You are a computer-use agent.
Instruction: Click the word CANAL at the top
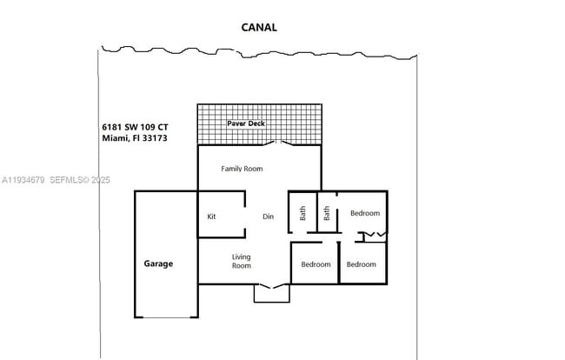(x=259, y=27)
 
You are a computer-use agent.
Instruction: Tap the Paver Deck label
(x=246, y=123)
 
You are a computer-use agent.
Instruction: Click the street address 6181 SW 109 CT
(x=141, y=127)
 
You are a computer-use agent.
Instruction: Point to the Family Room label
(x=242, y=169)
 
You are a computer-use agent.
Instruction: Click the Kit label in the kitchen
(x=211, y=217)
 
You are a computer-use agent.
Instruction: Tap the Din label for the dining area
(x=269, y=217)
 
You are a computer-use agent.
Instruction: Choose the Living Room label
(x=241, y=261)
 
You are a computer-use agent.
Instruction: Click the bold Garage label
(x=158, y=263)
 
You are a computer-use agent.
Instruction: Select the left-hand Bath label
(x=303, y=213)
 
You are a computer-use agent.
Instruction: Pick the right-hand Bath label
(x=327, y=213)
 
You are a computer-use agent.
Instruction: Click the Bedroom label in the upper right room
(x=364, y=213)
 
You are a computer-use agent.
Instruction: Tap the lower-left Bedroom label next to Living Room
(x=316, y=264)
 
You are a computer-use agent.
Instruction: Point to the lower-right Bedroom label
(x=361, y=264)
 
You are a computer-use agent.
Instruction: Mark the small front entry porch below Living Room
(x=271, y=294)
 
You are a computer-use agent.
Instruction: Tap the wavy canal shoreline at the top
(x=261, y=50)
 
